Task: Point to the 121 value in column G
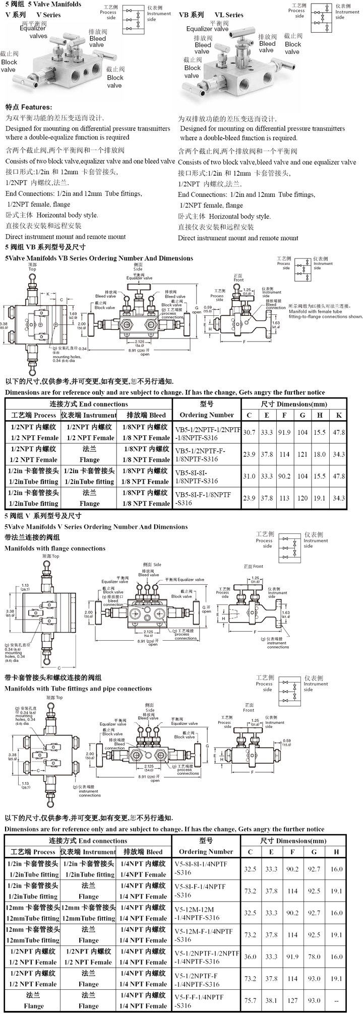pyautogui.click(x=302, y=454)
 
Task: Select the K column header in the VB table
pyautogui.click(x=339, y=415)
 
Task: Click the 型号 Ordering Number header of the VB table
pyautogui.click(x=207, y=410)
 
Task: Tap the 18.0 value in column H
pyautogui.click(x=320, y=454)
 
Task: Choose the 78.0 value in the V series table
pyautogui.click(x=314, y=957)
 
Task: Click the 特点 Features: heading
pyautogui.click(x=29, y=107)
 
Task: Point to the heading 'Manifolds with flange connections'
pyautogui.click(x=55, y=548)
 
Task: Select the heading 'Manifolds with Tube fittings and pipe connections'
pyautogui.click(x=78, y=689)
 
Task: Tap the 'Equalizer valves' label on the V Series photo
pyautogui.click(x=33, y=32)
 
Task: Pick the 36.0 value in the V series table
pyautogui.click(x=250, y=957)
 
